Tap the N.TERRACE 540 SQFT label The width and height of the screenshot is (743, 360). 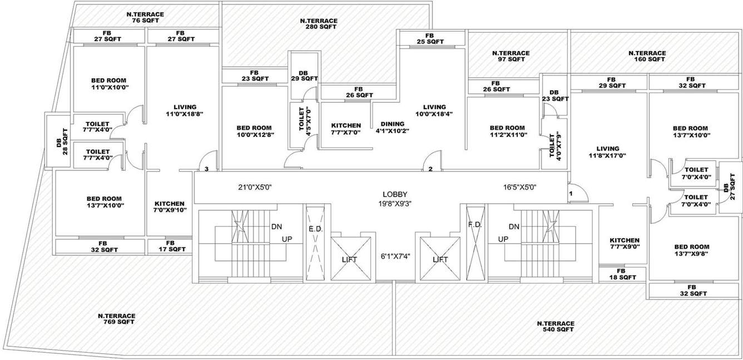click(x=555, y=326)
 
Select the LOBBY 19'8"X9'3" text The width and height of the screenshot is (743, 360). click(x=395, y=199)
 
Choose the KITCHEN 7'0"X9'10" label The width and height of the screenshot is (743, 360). click(x=170, y=206)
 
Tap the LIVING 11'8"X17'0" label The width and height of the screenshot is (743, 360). click(x=607, y=152)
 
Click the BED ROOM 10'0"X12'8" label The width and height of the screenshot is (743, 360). click(x=254, y=131)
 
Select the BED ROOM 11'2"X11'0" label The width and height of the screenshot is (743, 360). click(x=507, y=131)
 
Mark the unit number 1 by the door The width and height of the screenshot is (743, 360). click(x=570, y=193)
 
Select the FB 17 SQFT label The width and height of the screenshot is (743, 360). click(x=170, y=246)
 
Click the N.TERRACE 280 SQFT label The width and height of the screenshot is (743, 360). click(x=318, y=23)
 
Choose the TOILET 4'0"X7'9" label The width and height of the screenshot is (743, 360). click(x=554, y=147)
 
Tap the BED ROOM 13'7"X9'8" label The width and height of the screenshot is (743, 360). click(x=691, y=250)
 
